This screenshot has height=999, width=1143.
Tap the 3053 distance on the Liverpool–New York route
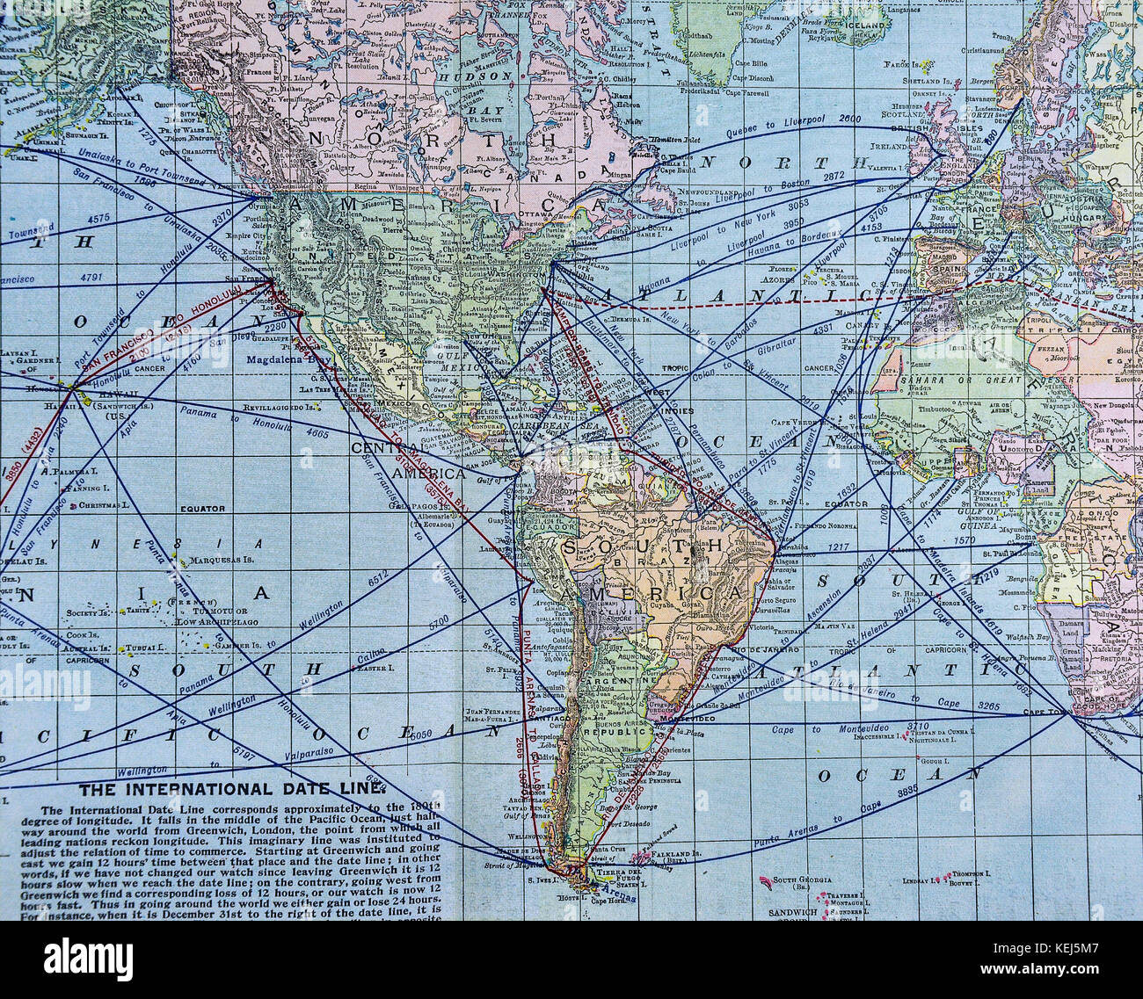tap(797, 205)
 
